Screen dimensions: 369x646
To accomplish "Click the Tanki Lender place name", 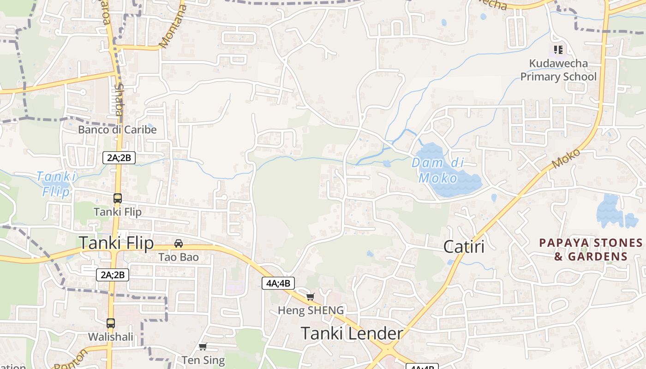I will tap(352, 333).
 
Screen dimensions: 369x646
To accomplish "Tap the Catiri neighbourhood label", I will tap(464, 247).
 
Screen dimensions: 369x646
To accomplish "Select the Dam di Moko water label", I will tap(438, 170).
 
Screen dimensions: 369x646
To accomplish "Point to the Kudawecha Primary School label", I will tap(558, 70).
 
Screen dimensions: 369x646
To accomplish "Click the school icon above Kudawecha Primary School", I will tap(558, 49).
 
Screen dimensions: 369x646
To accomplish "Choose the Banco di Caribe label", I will tap(117, 130).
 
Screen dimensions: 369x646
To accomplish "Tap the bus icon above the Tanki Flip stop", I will tap(118, 198).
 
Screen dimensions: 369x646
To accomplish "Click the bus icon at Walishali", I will tap(111, 323).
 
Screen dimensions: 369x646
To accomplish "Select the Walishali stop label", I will tap(111, 337).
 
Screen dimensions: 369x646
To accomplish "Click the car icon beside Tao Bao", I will tap(179, 243).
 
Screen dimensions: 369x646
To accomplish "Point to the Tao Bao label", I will tap(179, 257).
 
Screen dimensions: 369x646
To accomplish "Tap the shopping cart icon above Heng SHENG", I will tap(311, 297).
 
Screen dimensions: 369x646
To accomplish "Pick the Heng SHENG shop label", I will tap(311, 310).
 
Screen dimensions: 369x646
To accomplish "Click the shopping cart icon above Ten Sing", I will tap(203, 346).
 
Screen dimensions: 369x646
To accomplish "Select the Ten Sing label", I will tap(203, 360).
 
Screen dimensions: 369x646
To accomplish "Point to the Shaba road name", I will tap(119, 99).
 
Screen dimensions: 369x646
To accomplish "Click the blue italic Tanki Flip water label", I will tap(56, 183).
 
